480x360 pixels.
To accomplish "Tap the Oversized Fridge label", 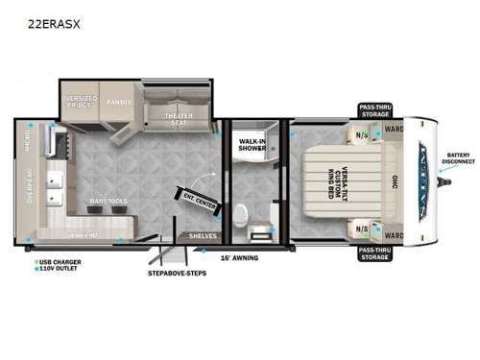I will pyautogui.click(x=80, y=100).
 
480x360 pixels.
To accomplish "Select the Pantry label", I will pyautogui.click(x=120, y=100).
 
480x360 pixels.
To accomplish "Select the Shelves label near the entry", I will pyautogui.click(x=203, y=235).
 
